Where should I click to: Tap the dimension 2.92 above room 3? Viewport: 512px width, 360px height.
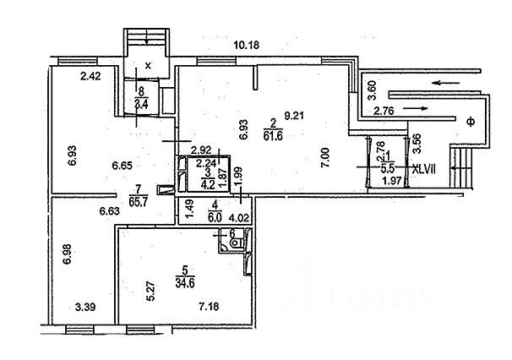199,149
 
